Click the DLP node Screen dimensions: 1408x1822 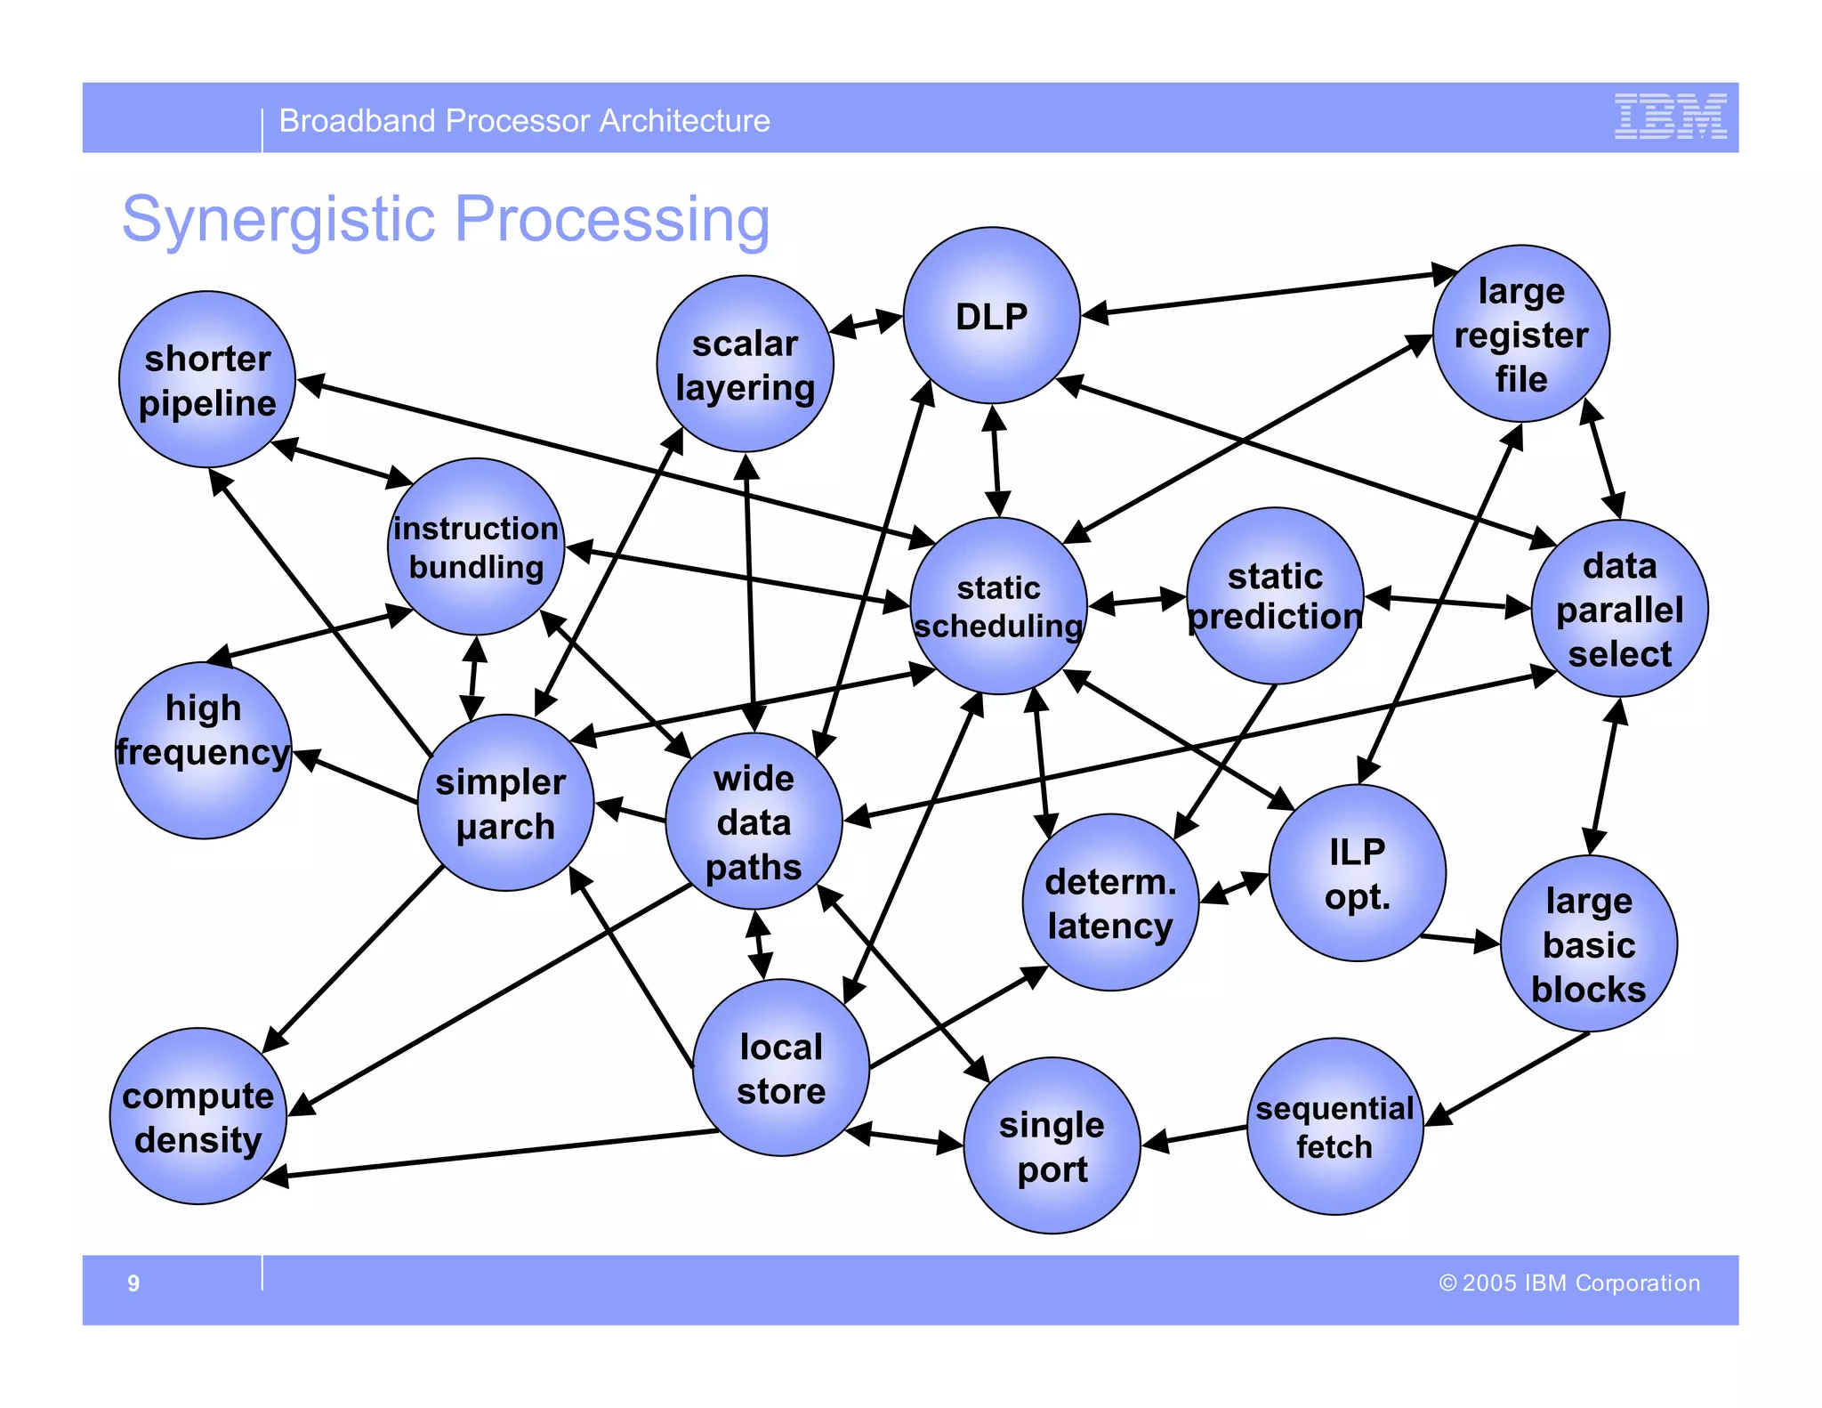(991, 316)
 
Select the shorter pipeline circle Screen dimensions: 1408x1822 (207, 380)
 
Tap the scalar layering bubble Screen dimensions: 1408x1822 (745, 364)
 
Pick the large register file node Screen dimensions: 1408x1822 (1520, 334)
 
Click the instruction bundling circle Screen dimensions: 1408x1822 (476, 546)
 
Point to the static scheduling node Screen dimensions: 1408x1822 (998, 606)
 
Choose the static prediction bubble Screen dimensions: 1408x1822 (1275, 595)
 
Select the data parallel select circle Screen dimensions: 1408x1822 (1619, 609)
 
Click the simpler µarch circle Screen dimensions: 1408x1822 (505, 803)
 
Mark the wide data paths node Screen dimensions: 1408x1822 (754, 821)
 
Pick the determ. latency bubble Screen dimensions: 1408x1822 (1110, 902)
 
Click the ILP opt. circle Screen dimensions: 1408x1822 (1357, 873)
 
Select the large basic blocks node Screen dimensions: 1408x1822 (1588, 944)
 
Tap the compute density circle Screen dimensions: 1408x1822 (198, 1117)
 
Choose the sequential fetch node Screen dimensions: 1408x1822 (1334, 1127)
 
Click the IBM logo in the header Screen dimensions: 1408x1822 (1670, 117)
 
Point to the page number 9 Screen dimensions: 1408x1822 (133, 1283)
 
